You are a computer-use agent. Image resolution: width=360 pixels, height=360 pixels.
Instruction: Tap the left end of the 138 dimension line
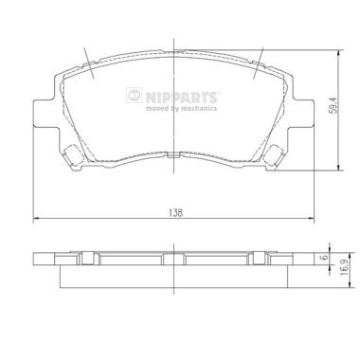(x=34, y=220)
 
